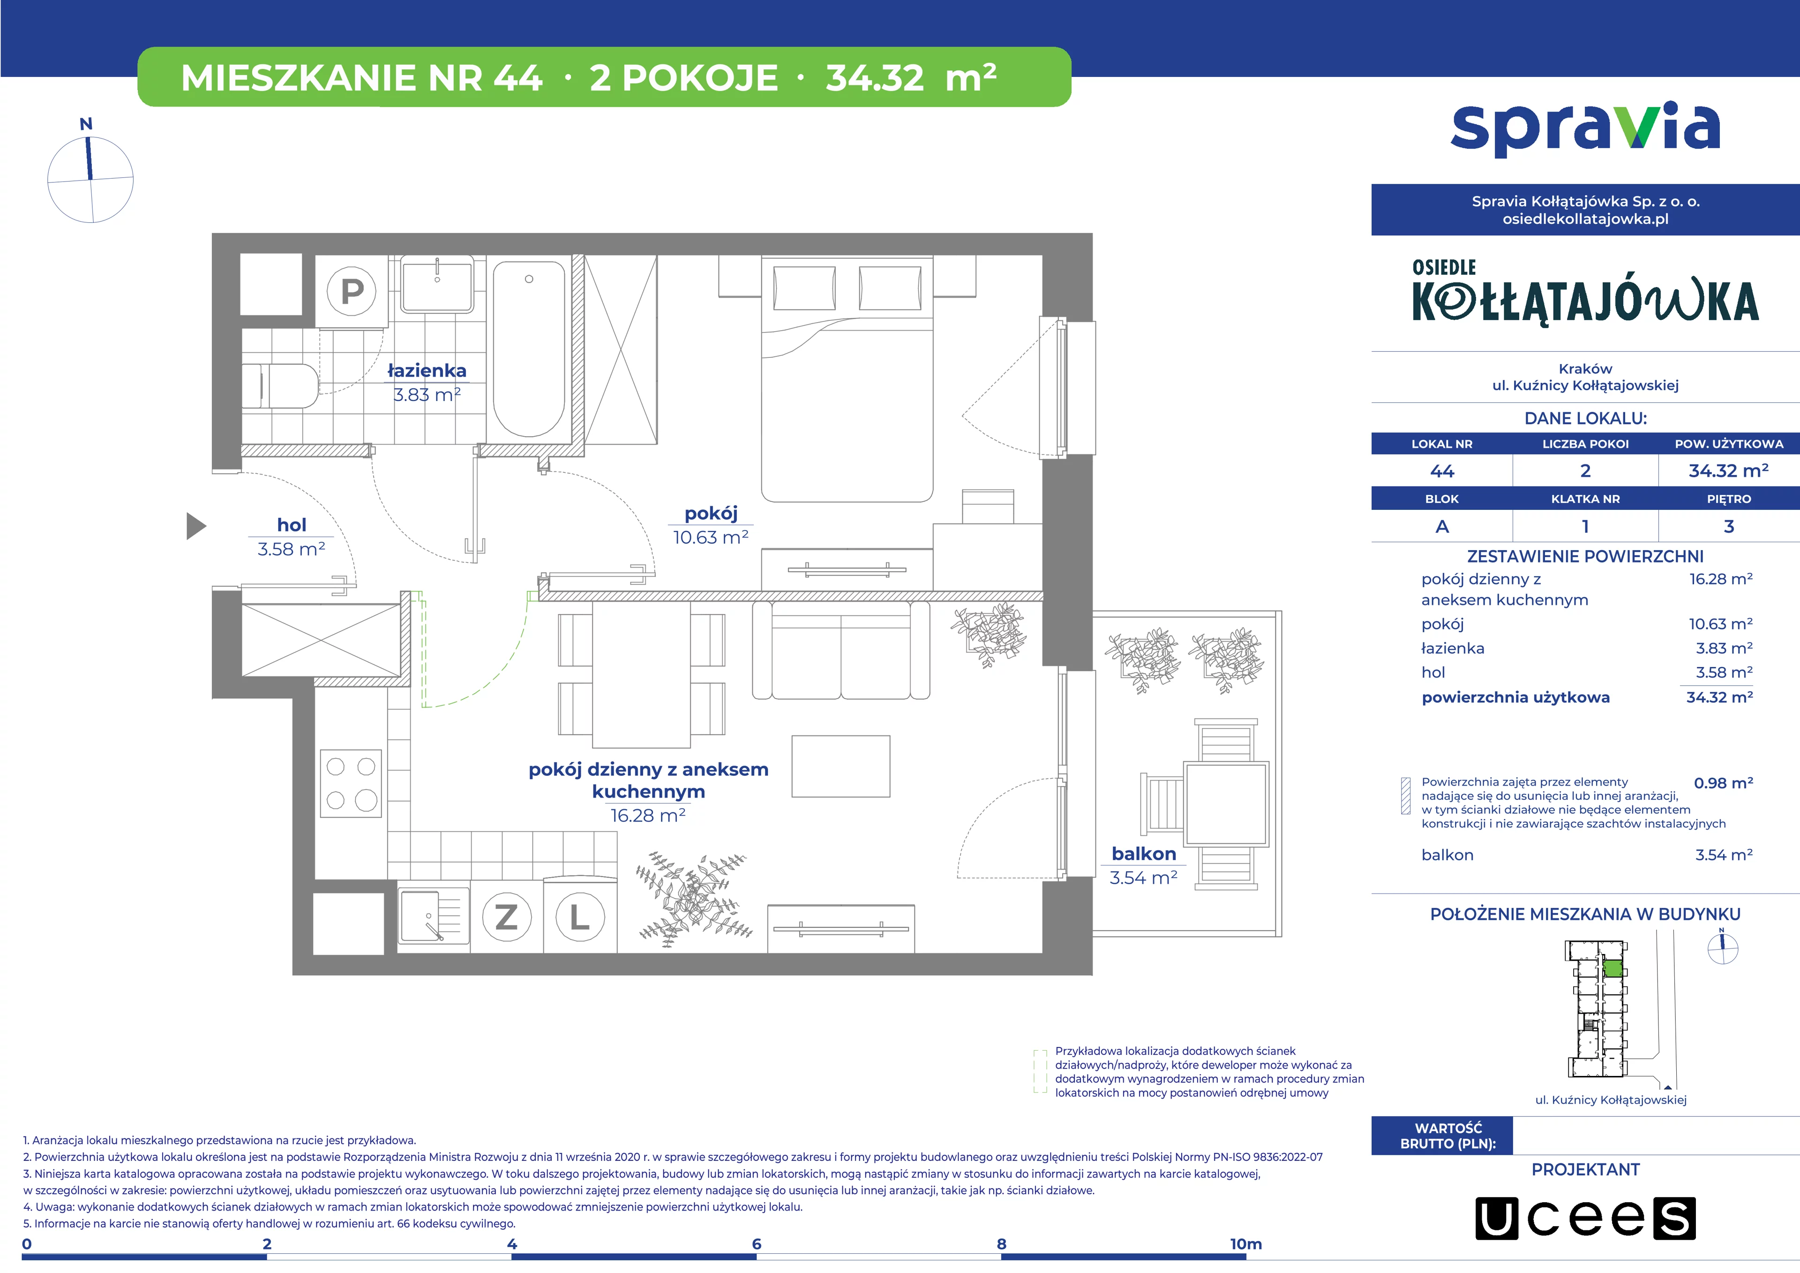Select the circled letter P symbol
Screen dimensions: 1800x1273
(352, 291)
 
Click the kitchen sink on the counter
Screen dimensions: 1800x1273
(433, 915)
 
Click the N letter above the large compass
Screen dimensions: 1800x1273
(86, 124)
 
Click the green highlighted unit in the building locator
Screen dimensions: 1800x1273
(1612, 968)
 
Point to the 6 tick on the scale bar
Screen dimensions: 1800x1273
(757, 1244)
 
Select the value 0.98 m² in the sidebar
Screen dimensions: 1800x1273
(1723, 783)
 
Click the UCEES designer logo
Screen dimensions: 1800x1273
(1585, 1218)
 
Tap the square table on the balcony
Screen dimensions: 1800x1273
(1226, 803)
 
